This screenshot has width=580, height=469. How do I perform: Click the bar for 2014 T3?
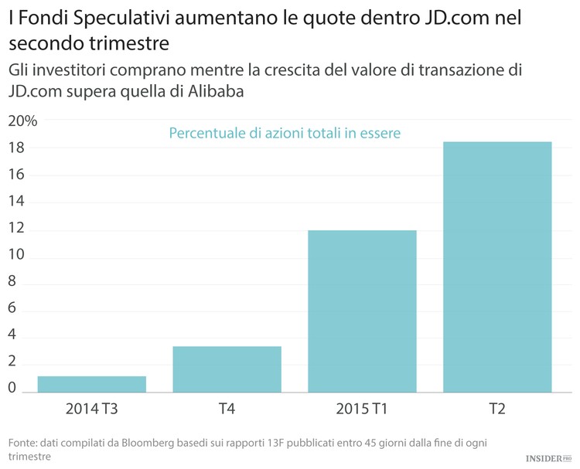92,384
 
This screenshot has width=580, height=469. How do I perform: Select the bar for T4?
227,369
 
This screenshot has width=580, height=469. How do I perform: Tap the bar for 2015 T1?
362,311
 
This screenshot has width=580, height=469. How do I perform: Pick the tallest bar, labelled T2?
497,267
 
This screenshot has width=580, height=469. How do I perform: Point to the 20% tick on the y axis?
22,121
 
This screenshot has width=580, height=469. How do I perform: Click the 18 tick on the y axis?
16,148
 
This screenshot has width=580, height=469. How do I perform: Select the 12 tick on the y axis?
16,229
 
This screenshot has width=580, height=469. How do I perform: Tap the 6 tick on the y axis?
12,310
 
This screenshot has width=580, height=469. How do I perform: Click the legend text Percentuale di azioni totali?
285,134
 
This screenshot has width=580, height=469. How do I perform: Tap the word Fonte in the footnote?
23,443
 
